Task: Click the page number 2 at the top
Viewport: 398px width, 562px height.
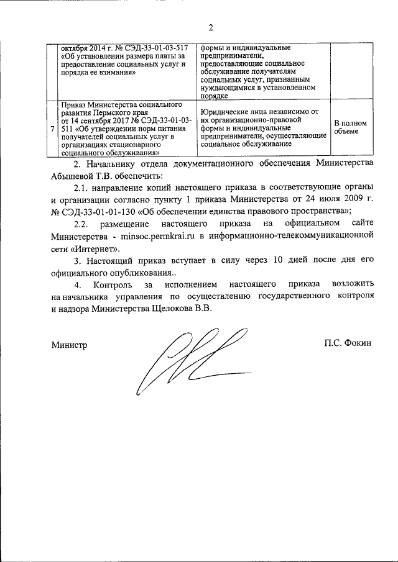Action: [211, 27]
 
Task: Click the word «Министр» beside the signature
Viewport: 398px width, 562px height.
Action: [69, 343]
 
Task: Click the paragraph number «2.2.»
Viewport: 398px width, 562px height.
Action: [84, 224]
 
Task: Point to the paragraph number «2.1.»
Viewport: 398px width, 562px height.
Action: [84, 187]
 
